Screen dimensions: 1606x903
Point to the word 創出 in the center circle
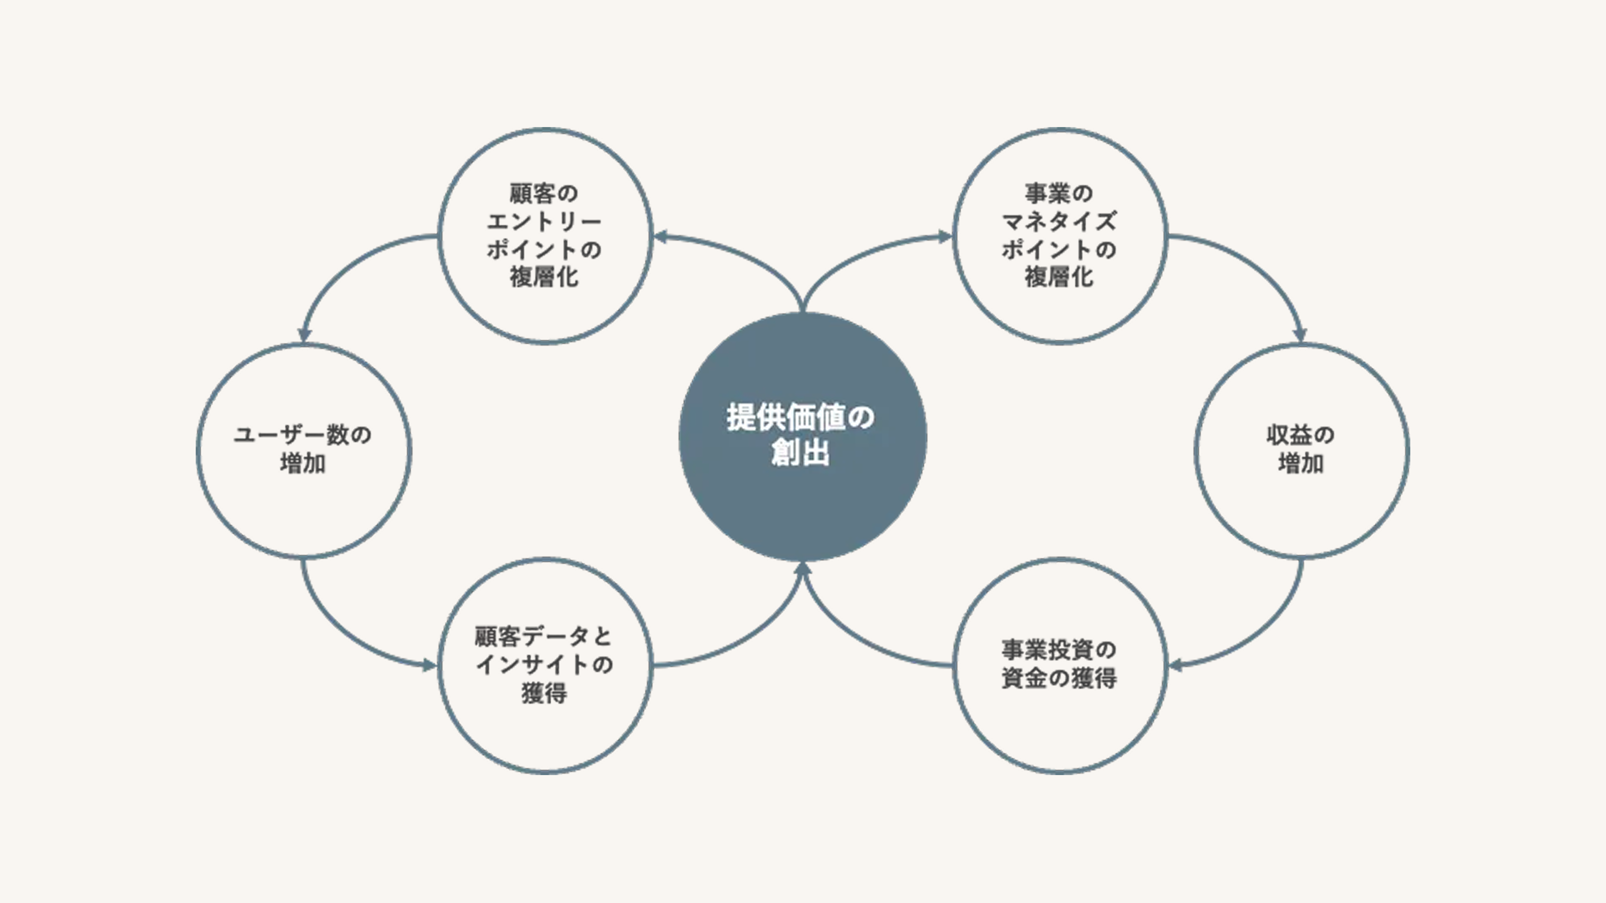(x=800, y=452)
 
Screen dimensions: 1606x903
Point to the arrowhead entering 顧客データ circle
(x=430, y=666)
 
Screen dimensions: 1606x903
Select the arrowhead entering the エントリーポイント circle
(x=661, y=237)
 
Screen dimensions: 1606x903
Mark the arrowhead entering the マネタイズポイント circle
(x=945, y=237)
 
